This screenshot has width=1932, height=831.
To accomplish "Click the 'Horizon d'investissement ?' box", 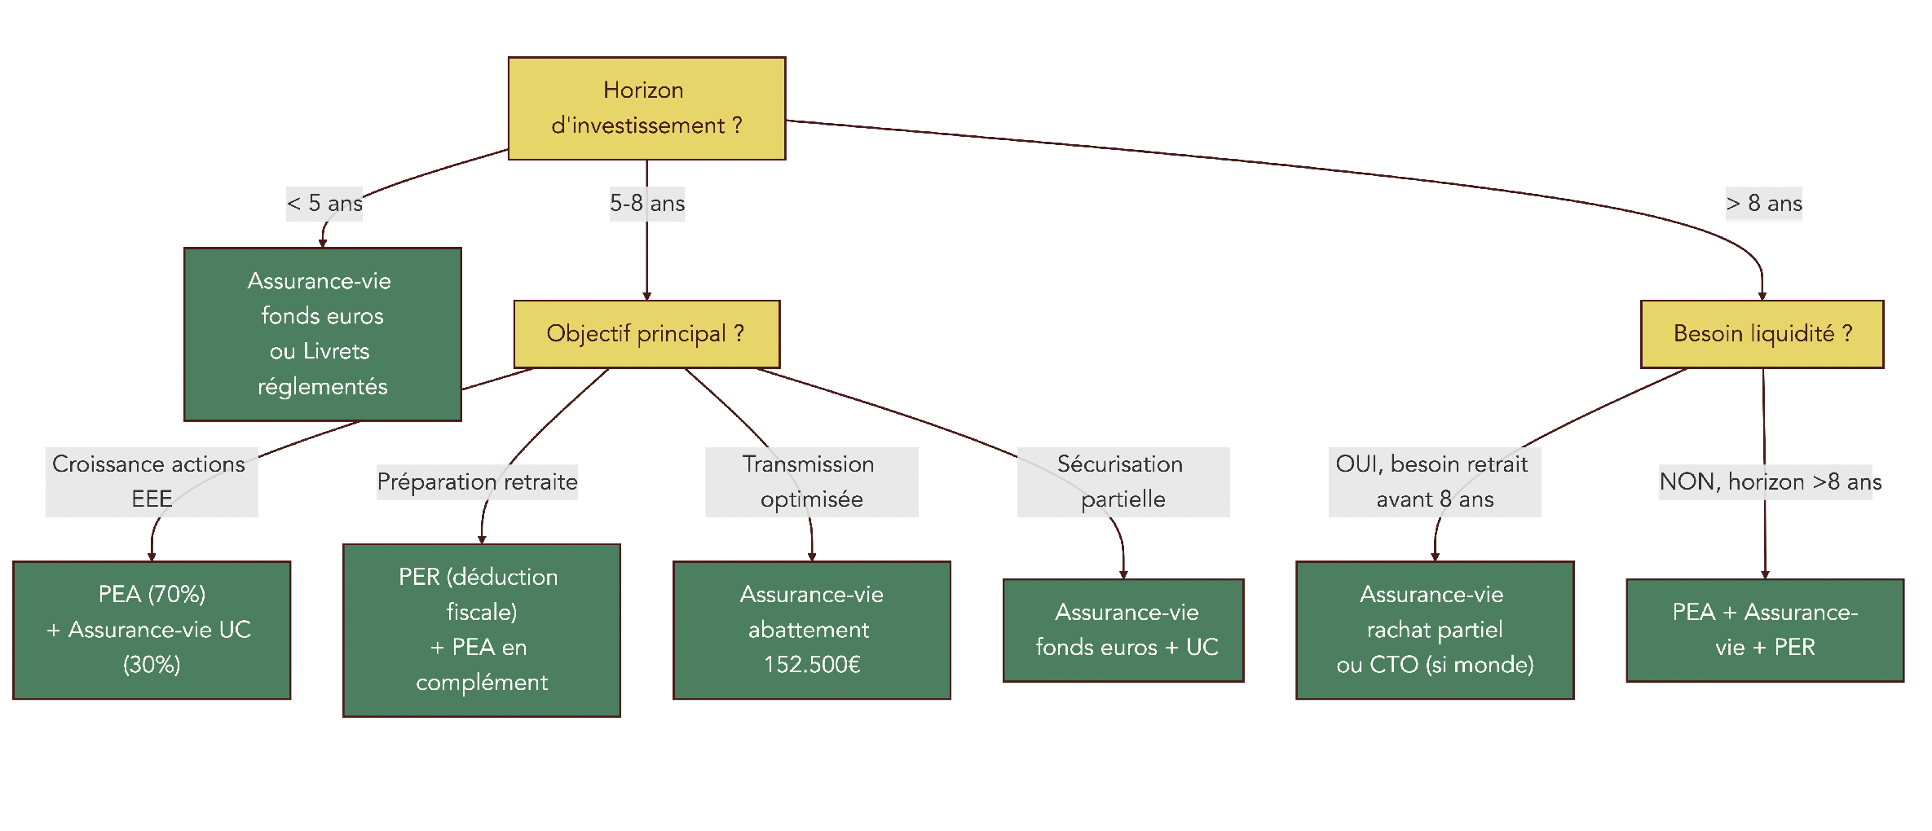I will (646, 108).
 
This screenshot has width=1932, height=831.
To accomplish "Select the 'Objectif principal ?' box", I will (646, 334).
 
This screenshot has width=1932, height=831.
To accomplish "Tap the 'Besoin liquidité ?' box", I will (1762, 334).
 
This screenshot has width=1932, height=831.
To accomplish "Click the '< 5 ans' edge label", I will (324, 203).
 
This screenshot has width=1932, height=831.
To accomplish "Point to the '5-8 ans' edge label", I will (647, 203).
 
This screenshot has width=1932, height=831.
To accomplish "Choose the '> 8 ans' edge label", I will (1764, 203).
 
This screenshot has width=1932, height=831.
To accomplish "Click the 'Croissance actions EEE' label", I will (152, 481).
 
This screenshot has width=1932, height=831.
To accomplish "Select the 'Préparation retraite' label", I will (477, 481).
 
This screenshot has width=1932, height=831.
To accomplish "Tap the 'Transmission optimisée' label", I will (811, 481).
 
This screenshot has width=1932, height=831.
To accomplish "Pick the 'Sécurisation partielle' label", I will (1123, 481).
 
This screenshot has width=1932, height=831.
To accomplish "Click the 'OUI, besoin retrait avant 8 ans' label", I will (1434, 481).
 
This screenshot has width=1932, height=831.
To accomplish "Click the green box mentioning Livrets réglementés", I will (323, 334).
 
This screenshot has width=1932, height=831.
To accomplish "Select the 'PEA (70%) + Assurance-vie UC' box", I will (152, 630).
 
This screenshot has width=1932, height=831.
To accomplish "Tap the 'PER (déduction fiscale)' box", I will (482, 630).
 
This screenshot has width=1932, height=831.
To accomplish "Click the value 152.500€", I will (812, 665).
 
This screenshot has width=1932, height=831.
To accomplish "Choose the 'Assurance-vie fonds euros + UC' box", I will (1123, 630).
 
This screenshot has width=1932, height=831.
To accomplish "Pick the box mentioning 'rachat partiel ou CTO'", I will (1435, 630).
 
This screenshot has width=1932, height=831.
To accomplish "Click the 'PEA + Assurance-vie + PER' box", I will (1765, 630).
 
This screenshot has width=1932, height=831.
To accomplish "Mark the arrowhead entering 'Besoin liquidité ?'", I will (1762, 296).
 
